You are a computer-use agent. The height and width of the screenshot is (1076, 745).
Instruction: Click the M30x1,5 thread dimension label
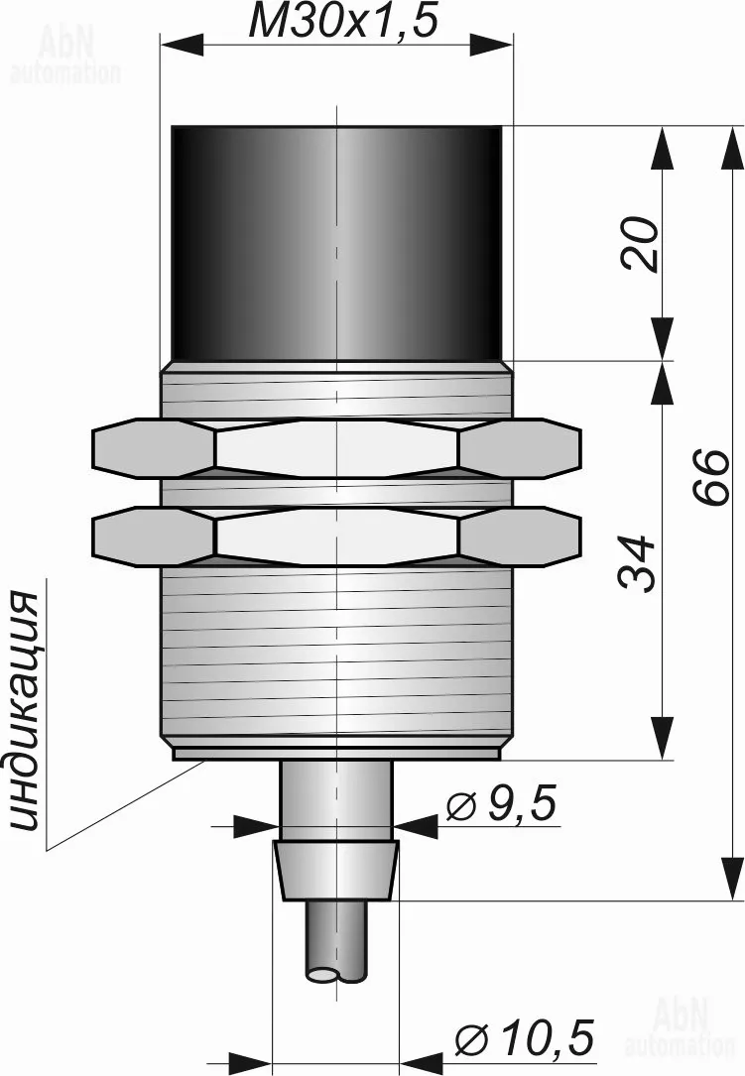click(x=342, y=22)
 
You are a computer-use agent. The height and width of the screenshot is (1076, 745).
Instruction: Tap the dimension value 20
click(x=639, y=244)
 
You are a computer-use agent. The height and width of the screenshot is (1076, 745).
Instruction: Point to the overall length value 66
click(x=709, y=478)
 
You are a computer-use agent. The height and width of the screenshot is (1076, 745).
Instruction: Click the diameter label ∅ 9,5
click(x=501, y=803)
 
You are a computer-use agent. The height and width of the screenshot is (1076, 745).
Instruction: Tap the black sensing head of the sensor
click(x=335, y=244)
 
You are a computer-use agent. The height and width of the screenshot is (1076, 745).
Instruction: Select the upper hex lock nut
click(x=335, y=449)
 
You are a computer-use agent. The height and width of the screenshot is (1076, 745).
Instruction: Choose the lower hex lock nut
click(x=335, y=537)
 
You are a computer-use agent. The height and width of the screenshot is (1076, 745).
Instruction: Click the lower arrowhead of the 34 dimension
click(x=662, y=739)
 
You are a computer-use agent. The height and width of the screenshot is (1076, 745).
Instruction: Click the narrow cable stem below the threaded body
click(x=335, y=800)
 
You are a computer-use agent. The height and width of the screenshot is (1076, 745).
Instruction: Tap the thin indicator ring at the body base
click(x=336, y=754)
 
